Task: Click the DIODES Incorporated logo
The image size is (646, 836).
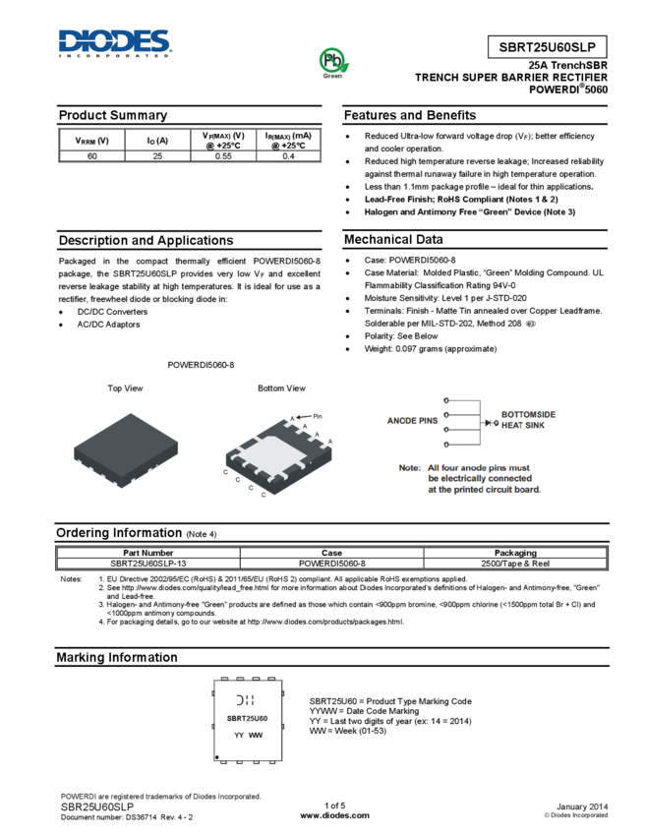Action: pyautogui.click(x=115, y=42)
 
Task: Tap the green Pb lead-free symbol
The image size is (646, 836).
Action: pyautogui.click(x=333, y=60)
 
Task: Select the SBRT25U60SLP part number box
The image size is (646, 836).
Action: pyautogui.click(x=547, y=47)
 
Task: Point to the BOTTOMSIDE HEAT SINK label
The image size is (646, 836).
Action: pyautogui.click(x=528, y=421)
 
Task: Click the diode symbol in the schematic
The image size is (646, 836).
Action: pyautogui.click(x=489, y=423)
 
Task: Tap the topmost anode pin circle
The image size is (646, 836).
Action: pyautogui.click(x=447, y=401)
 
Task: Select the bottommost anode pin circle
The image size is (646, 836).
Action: pyautogui.click(x=447, y=446)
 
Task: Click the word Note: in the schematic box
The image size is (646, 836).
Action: pyautogui.click(x=409, y=467)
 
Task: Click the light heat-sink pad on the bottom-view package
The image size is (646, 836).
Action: pyautogui.click(x=274, y=453)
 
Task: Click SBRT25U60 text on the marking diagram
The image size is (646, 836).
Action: pyautogui.click(x=248, y=718)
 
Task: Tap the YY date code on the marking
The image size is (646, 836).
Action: pyautogui.click(x=239, y=735)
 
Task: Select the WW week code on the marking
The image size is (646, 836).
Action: pyautogui.click(x=256, y=735)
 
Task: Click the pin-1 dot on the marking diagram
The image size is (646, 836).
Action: pyautogui.click(x=217, y=757)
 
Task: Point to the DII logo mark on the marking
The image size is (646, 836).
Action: pyautogui.click(x=246, y=700)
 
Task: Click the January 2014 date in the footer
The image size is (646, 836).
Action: pyautogui.click(x=583, y=806)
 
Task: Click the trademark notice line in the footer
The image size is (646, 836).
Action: pyautogui.click(x=161, y=797)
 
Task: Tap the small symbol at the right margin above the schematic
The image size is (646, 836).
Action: pyautogui.click(x=530, y=324)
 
